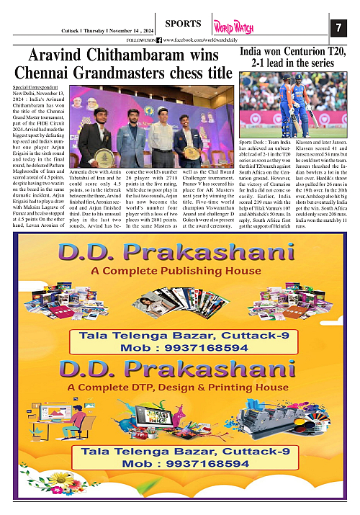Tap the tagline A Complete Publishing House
coord(179,271)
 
